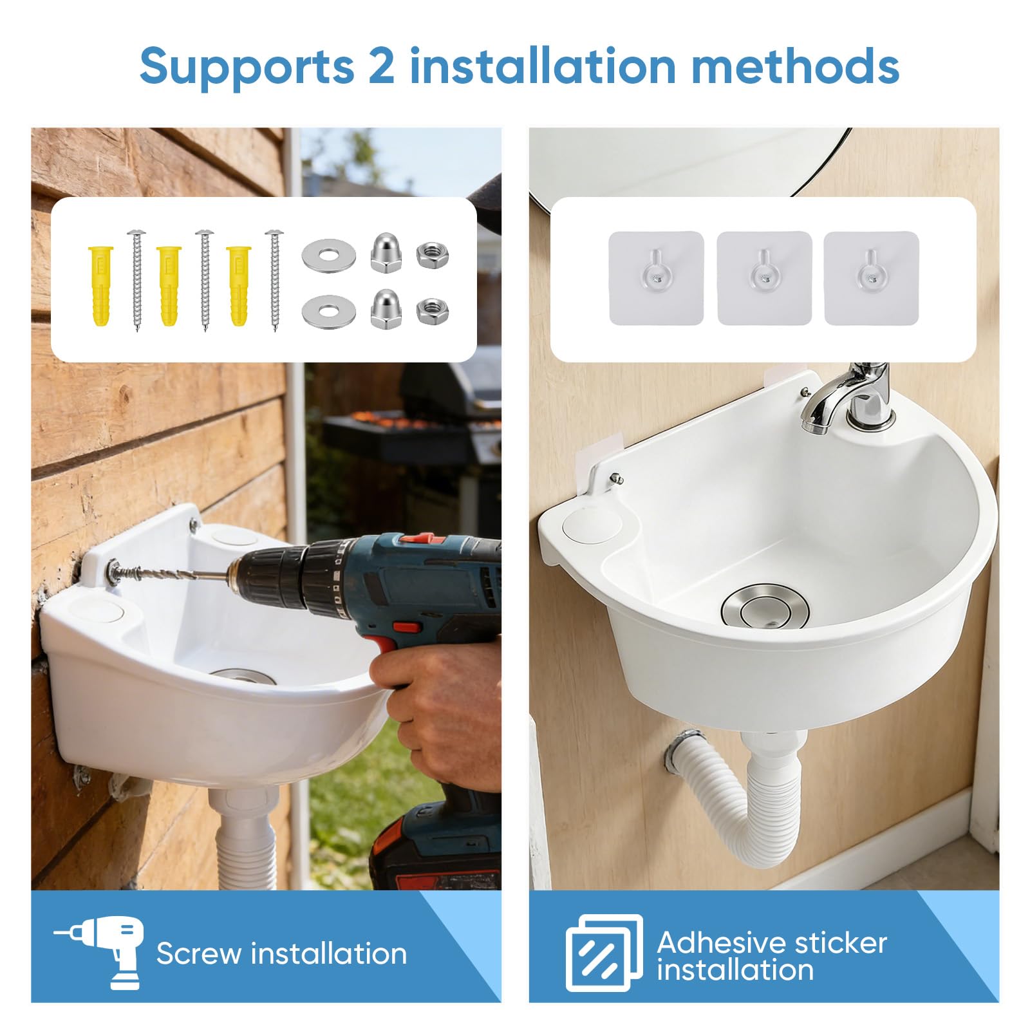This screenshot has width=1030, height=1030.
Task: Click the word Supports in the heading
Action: click(x=247, y=67)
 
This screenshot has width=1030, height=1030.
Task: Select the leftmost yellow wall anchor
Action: click(x=100, y=285)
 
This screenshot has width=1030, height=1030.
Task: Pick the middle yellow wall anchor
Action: click(x=169, y=285)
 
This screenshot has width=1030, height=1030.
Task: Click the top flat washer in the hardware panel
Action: click(x=328, y=256)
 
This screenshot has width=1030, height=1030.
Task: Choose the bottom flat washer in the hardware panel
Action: click(x=328, y=311)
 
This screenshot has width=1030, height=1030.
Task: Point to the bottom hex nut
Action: click(x=433, y=311)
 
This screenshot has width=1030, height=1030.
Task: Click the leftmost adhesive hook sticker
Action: click(x=656, y=278)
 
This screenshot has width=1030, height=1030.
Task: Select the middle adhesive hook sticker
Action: click(x=764, y=278)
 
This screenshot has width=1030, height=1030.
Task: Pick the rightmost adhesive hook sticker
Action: click(x=872, y=278)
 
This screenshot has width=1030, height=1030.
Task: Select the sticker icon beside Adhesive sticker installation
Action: click(x=604, y=953)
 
